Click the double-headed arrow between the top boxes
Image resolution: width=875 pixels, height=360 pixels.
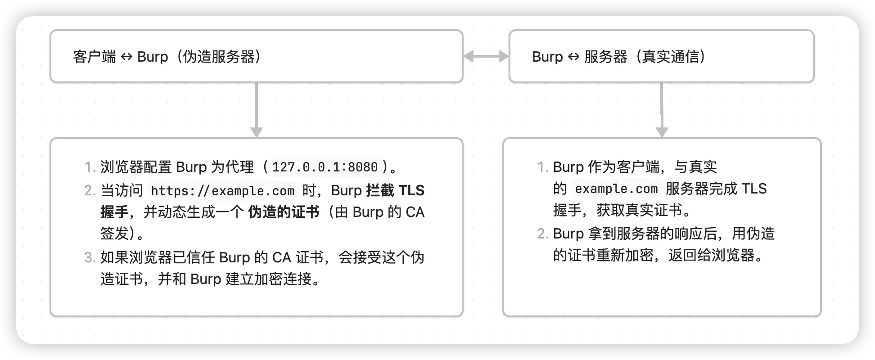point(486,56)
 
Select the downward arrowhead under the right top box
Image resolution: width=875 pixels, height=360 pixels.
point(662,132)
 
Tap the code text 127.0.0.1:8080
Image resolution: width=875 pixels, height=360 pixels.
point(325,167)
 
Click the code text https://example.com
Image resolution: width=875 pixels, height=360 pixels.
point(222,191)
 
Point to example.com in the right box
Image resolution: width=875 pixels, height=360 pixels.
point(616,189)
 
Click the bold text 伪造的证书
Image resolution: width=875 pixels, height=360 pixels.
point(283,212)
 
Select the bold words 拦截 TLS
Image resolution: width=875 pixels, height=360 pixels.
point(395,191)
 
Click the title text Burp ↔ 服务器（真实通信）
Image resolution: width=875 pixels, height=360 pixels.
point(619,57)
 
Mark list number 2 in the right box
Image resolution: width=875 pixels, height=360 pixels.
point(542,234)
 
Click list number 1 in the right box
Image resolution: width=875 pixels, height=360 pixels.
point(542,167)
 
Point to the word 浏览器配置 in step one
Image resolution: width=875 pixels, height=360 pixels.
point(136,167)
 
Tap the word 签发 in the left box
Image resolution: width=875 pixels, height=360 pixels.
point(114,234)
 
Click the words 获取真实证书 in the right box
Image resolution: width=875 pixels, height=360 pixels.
point(639,210)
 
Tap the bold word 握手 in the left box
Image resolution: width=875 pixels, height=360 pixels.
point(114,212)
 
